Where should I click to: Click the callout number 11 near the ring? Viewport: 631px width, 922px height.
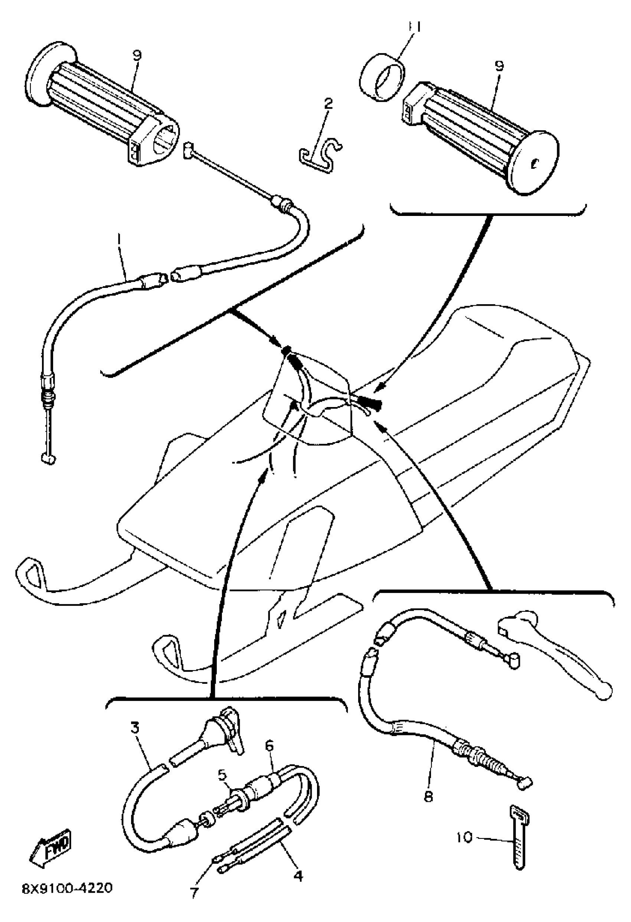(x=414, y=27)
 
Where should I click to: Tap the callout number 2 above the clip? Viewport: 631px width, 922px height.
(x=328, y=105)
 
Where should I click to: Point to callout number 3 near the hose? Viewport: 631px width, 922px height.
(x=135, y=728)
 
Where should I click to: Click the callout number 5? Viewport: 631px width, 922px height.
(x=222, y=773)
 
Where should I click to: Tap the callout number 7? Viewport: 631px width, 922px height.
(x=194, y=893)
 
